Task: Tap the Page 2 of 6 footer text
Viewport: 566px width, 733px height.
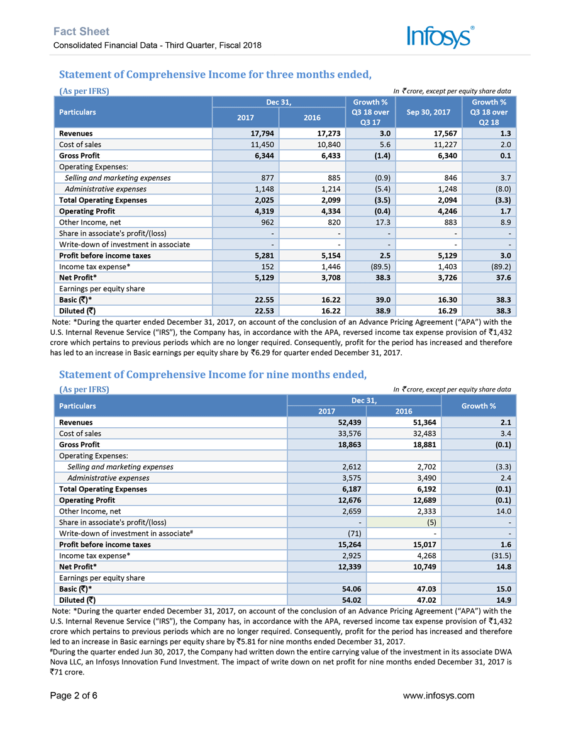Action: pos(75,695)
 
